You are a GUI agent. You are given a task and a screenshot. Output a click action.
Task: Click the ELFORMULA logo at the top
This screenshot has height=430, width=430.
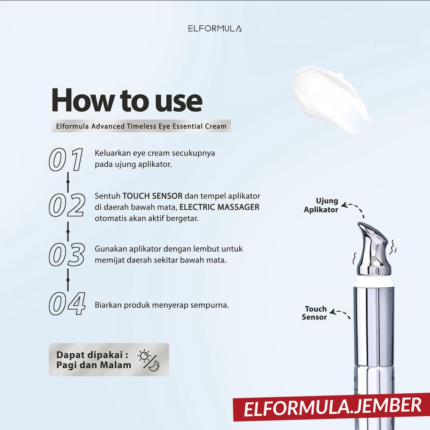pyautogui.click(x=215, y=29)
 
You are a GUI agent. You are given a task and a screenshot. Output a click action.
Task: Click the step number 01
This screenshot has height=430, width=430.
pyautogui.click(x=66, y=160)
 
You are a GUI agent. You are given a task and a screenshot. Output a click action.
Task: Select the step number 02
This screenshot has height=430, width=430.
pyautogui.click(x=67, y=205)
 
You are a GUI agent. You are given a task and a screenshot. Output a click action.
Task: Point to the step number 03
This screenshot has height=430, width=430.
pyautogui.click(x=67, y=255)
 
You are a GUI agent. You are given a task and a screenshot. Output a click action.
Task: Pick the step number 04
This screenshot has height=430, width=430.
pyautogui.click(x=67, y=304)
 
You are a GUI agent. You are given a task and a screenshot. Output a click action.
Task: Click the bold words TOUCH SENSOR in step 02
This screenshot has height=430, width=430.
pyautogui.click(x=152, y=196)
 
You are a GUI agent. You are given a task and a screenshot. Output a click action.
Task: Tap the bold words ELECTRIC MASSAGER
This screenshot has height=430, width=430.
pyautogui.click(x=219, y=207)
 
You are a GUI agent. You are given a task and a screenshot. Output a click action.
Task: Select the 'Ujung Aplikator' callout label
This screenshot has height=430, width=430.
pyautogui.click(x=321, y=205)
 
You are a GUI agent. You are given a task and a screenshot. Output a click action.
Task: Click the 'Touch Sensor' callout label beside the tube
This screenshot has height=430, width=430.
pyautogui.click(x=314, y=313)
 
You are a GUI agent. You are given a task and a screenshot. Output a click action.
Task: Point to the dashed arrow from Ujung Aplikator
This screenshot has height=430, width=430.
pyautogui.click(x=357, y=208)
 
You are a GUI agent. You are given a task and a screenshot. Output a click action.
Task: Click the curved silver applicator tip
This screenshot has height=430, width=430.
pyautogui.click(x=373, y=249)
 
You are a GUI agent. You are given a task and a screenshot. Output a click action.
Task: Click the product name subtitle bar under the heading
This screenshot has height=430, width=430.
pyautogui.click(x=141, y=126)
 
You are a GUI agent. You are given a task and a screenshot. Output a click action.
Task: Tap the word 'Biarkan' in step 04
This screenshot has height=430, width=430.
pyautogui.click(x=108, y=305)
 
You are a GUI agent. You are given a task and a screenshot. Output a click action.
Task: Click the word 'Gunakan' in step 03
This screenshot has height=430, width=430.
pyautogui.click(x=111, y=249)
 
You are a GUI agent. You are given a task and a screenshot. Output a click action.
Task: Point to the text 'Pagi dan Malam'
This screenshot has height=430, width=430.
pyautogui.click(x=94, y=365)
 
